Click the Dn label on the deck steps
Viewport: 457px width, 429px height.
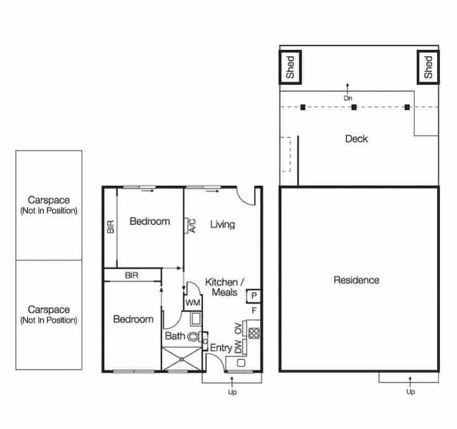coord(348,98)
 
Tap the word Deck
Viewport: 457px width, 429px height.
coord(356,139)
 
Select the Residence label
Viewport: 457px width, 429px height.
coord(357,280)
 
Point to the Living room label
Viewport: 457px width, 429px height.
coord(222,225)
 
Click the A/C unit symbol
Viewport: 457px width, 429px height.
coord(186,225)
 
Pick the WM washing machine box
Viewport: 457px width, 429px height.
coord(193,303)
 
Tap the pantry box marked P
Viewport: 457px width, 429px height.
coord(253,296)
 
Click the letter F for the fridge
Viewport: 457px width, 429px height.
coord(254,311)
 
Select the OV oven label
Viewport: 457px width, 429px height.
coord(238,329)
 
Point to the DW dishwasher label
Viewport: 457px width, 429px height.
coord(238,346)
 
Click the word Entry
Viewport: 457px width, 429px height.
coord(221,348)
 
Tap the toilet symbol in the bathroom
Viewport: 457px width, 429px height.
coord(194,336)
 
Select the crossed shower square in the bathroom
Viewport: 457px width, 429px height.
coord(182,359)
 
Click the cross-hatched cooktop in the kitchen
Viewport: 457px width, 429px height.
coord(254,333)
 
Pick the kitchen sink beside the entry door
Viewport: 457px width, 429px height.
coord(241,363)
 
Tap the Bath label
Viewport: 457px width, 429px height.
coord(175,336)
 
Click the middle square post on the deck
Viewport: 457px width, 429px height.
coord(354,107)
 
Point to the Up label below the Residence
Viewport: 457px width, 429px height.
coord(411,392)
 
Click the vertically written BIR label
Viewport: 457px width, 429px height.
coord(110,227)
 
